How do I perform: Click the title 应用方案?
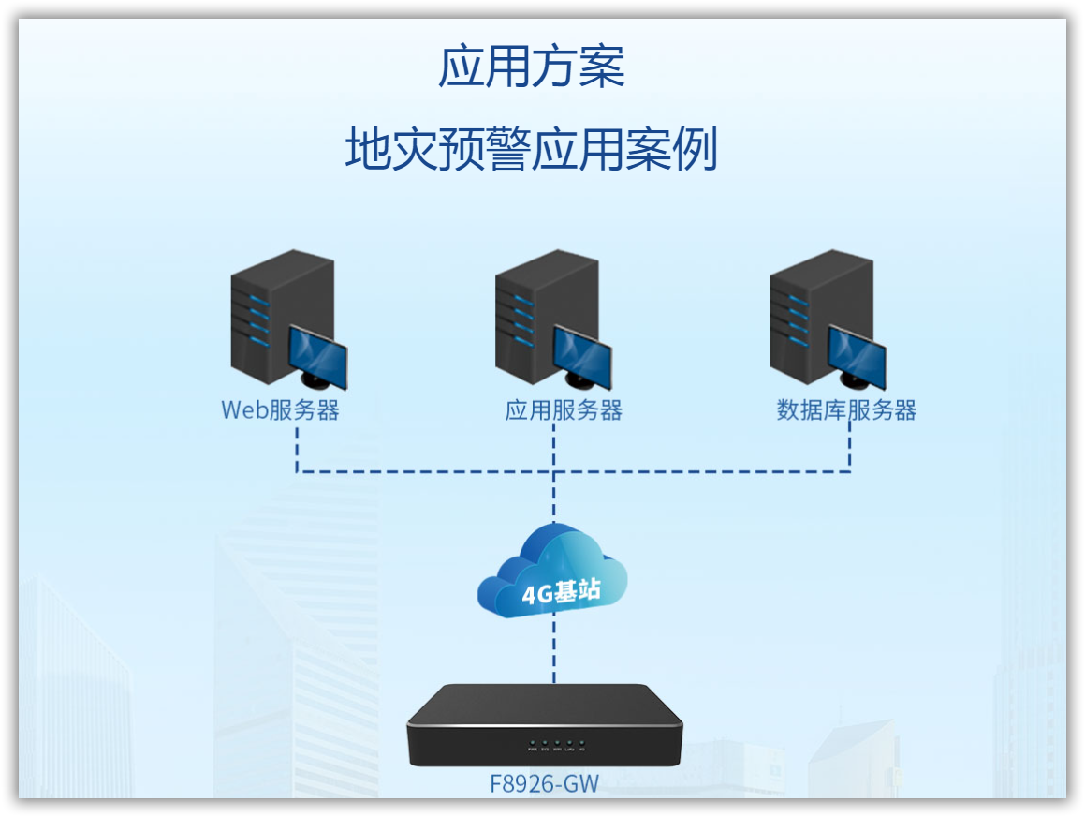[x=531, y=67]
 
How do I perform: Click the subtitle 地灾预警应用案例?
[x=531, y=150]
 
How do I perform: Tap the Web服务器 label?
[x=280, y=410]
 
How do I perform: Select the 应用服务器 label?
[x=564, y=410]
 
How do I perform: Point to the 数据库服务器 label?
[x=846, y=410]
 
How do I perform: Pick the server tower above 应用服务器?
[x=538, y=314]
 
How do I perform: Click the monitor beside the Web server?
[x=317, y=356]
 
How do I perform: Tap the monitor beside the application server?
[x=581, y=356]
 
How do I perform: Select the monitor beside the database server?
[x=857, y=356]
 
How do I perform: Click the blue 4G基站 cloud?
[x=552, y=572]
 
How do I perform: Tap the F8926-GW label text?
[x=544, y=783]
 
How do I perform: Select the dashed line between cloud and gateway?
[x=553, y=651]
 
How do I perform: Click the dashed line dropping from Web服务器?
[x=297, y=450]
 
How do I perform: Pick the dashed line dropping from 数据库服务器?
[x=850, y=450]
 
